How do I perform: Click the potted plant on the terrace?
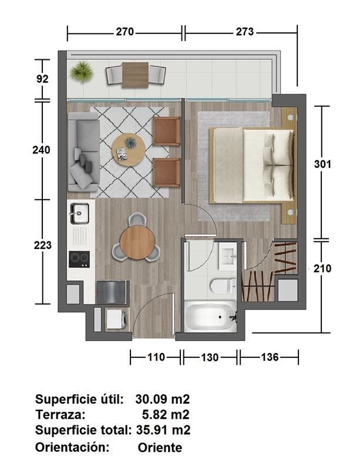(x=81, y=72)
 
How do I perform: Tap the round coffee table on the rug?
(x=129, y=150)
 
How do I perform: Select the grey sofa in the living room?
(x=83, y=152)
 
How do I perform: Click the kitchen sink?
(x=80, y=213)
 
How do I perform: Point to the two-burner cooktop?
(x=79, y=259)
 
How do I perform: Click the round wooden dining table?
(x=137, y=242)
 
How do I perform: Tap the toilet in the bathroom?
(x=223, y=286)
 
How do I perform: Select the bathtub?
(x=210, y=317)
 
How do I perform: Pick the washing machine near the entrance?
(x=117, y=319)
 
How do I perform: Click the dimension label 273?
(x=244, y=32)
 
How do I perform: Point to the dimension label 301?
(x=322, y=164)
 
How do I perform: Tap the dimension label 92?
(x=42, y=79)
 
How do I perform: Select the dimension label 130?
(x=210, y=357)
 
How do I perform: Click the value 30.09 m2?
(x=163, y=399)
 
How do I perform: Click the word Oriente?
(x=160, y=448)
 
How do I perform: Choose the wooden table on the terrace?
(x=135, y=75)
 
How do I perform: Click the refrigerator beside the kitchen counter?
(x=112, y=292)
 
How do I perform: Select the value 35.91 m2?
(x=163, y=430)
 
